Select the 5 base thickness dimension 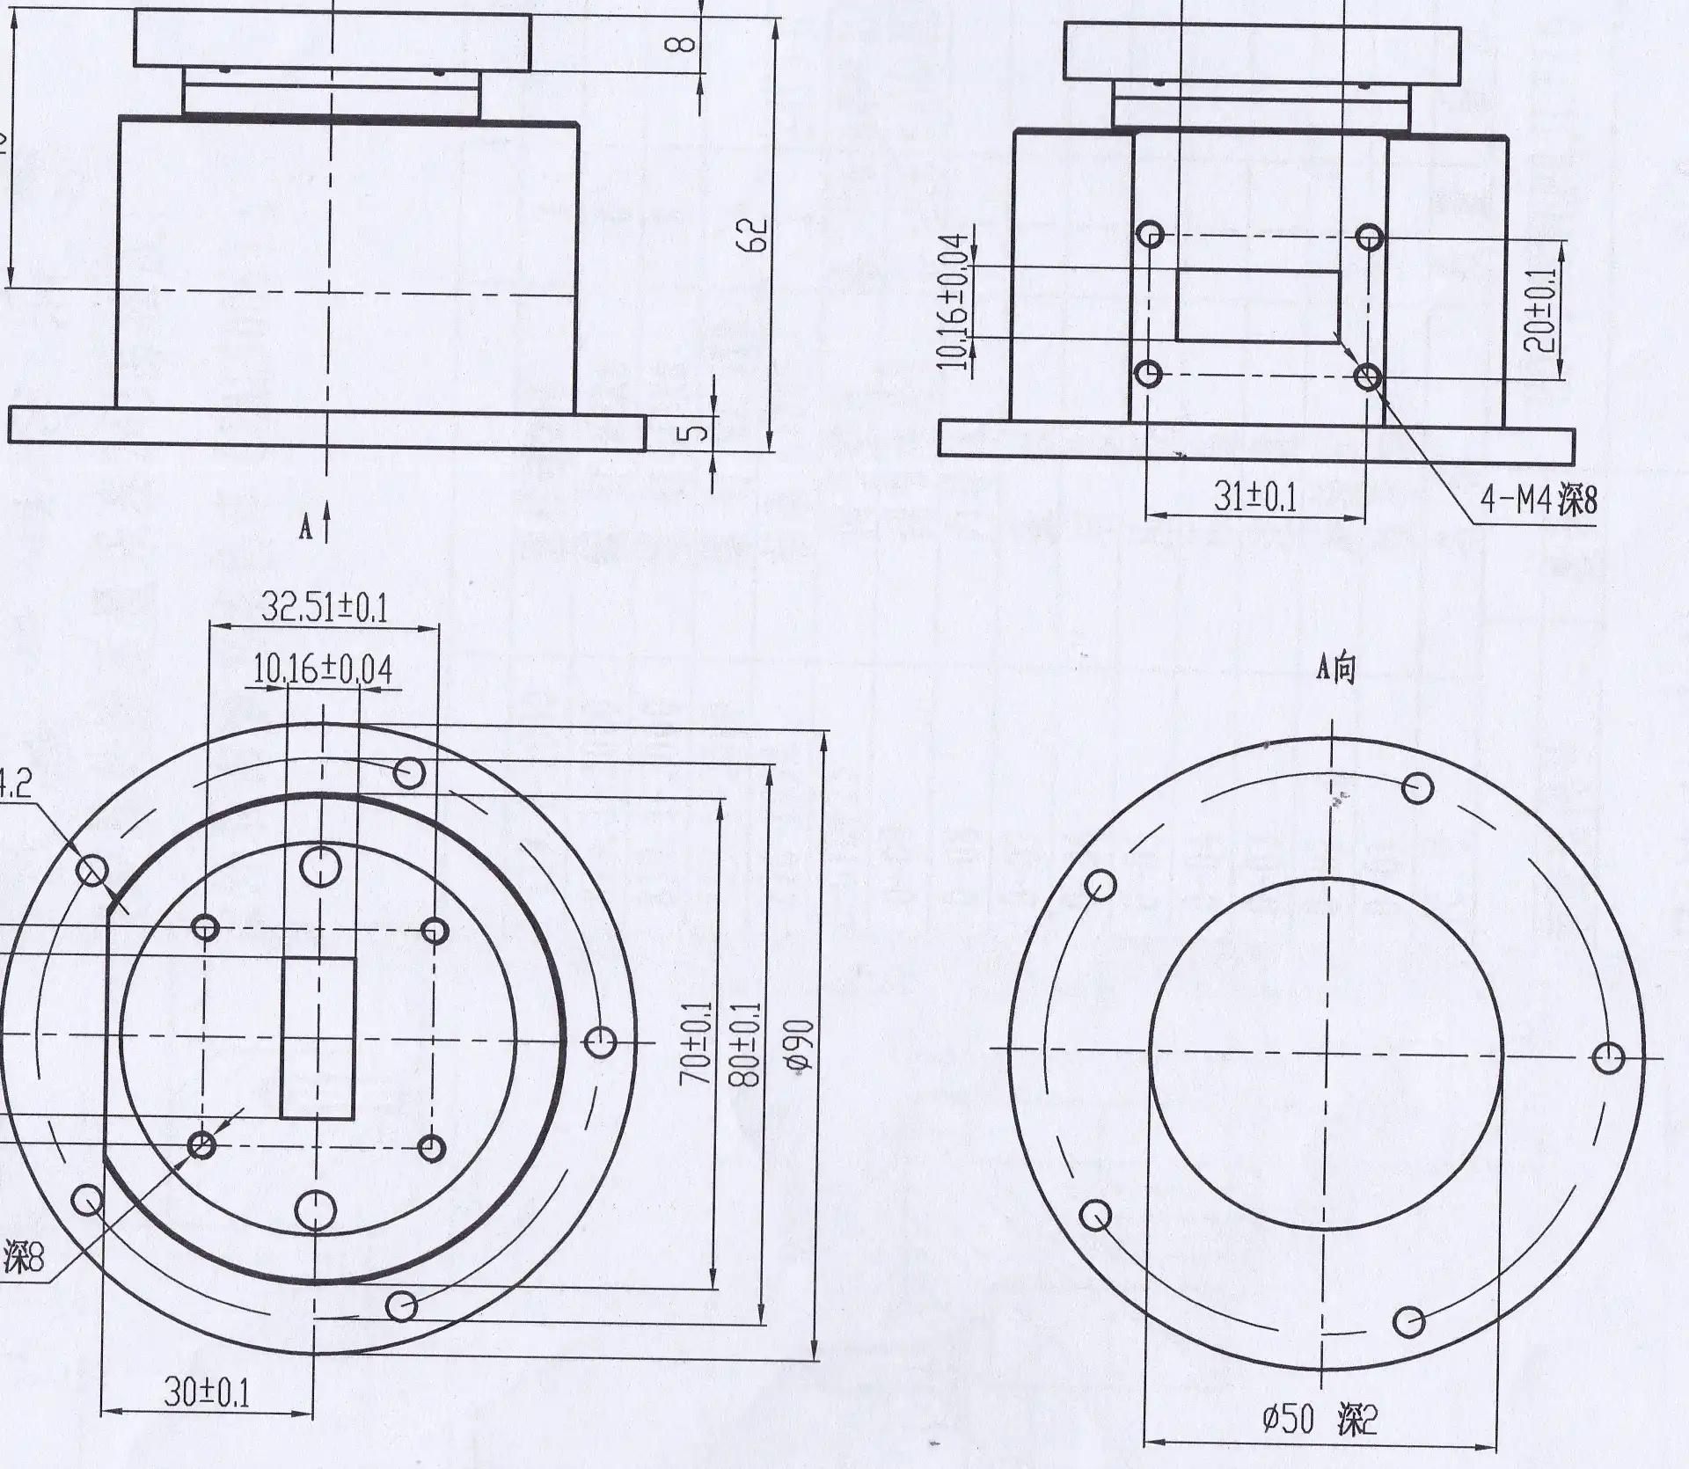[694, 433]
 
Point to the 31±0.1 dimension [1255, 498]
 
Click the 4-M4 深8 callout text [1538, 501]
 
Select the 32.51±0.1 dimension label [325, 607]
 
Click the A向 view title [1335, 670]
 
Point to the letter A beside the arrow [306, 528]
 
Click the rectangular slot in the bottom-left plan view [318, 1038]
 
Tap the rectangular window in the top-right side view [1257, 305]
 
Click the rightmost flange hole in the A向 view [1609, 1057]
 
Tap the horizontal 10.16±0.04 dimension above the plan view [323, 670]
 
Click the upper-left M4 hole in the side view [1151, 235]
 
